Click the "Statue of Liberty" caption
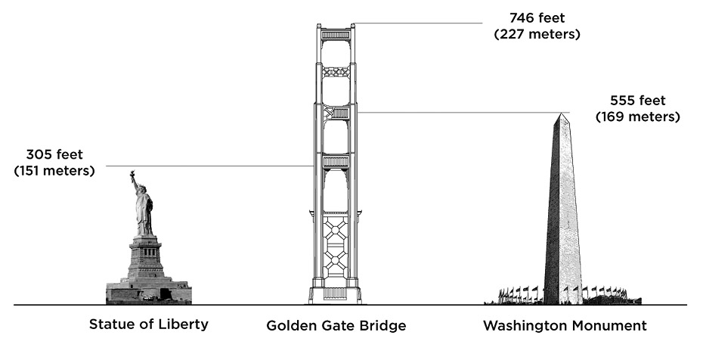(x=148, y=324)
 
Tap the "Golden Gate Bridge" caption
(x=336, y=326)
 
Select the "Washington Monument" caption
(x=565, y=326)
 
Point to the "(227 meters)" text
(x=537, y=35)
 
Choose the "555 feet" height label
(x=638, y=101)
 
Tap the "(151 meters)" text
(x=54, y=170)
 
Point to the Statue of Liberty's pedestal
(x=145, y=257)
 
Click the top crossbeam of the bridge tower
(x=336, y=35)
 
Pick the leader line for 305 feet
(x=212, y=166)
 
